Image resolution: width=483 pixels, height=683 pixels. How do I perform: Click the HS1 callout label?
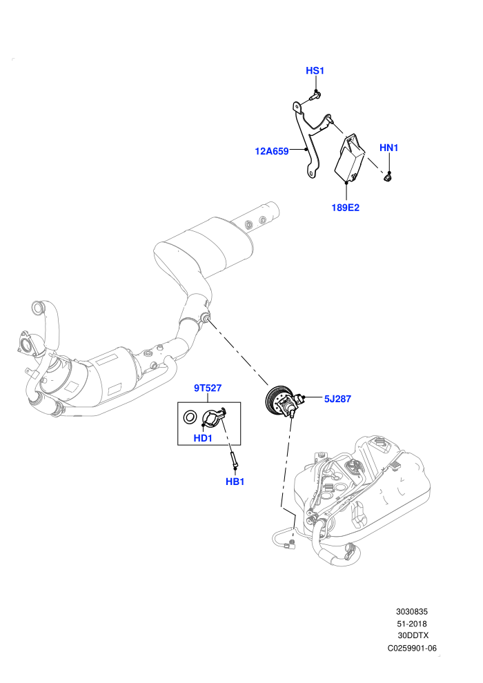tap(315, 70)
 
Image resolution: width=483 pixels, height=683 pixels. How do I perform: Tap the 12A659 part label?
tap(272, 151)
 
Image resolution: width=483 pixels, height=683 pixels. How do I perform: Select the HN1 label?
tap(389, 148)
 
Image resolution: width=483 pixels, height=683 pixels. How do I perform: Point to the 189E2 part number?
tap(346, 208)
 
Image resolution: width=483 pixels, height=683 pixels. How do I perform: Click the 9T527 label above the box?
tap(208, 388)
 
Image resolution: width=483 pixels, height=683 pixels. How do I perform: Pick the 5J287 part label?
tap(337, 399)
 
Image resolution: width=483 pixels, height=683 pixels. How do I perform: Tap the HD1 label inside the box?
tap(203, 438)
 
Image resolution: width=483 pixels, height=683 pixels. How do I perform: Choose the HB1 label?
tap(235, 482)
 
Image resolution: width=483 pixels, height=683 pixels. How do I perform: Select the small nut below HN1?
tap(387, 177)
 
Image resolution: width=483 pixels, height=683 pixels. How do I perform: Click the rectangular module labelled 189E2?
tap(349, 159)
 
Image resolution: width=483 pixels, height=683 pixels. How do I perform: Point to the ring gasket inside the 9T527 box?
tap(190, 417)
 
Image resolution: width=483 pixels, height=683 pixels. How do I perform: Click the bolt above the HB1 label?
tap(233, 459)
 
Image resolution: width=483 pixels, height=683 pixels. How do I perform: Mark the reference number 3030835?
tap(411, 611)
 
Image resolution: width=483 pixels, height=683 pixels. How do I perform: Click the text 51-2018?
tap(412, 624)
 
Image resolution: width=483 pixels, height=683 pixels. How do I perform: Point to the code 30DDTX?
tap(413, 635)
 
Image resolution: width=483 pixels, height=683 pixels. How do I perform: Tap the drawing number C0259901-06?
tap(412, 648)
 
